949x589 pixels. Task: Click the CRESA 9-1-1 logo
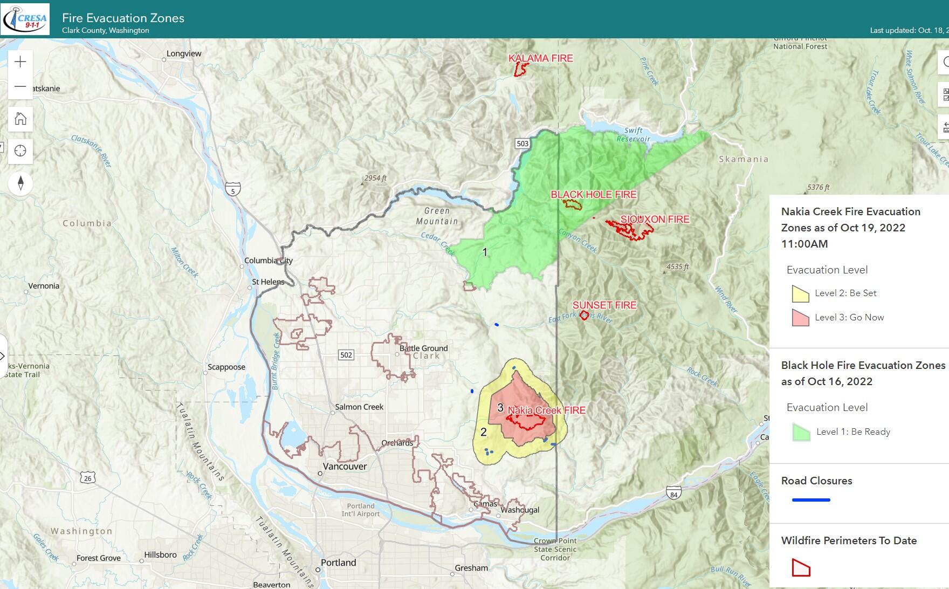[25, 19]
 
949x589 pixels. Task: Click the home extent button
[20, 119]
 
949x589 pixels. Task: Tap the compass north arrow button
[20, 183]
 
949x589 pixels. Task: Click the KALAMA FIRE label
[541, 58]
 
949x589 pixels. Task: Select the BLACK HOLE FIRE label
[594, 194]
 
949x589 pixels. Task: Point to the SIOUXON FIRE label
[655, 219]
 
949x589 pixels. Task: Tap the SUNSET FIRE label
[604, 305]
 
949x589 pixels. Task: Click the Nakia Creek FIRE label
[547, 410]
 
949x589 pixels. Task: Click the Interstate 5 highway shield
[233, 189]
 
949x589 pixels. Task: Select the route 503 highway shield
[522, 143]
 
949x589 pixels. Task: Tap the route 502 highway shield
[346, 354]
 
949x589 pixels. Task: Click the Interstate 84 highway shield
[673, 493]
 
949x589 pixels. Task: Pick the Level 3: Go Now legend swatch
[800, 318]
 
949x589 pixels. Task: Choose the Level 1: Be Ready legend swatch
[801, 432]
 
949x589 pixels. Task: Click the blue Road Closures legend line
[811, 500]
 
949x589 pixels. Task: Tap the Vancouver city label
[345, 467]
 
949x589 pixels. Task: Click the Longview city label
[184, 53]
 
